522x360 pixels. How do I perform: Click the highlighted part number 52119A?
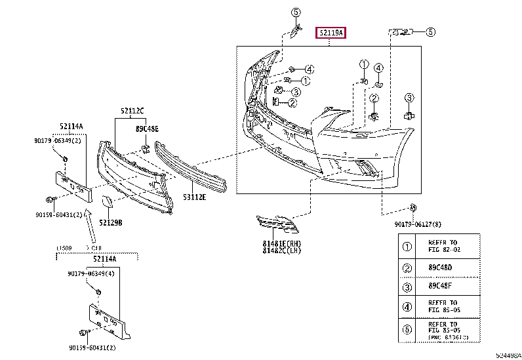click(x=332, y=32)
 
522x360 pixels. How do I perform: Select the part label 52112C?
click(x=132, y=111)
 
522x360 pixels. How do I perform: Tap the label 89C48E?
click(x=147, y=129)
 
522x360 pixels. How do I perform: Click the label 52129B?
click(x=111, y=222)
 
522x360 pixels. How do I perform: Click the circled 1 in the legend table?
click(x=407, y=247)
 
